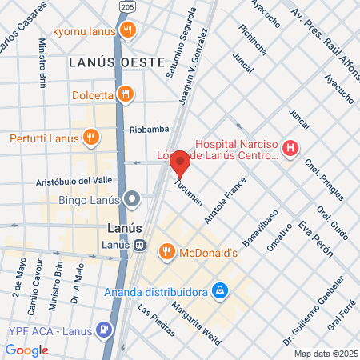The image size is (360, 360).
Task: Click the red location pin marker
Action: coord(180,163)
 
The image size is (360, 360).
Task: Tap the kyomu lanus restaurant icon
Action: coord(128,31)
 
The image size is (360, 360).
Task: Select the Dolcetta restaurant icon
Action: coord(124,94)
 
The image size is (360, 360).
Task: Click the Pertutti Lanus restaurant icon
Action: coord(90,138)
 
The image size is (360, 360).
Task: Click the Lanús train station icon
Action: coord(139,245)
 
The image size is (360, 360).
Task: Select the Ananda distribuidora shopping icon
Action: coord(218,290)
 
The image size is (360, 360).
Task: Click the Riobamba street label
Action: coord(149,127)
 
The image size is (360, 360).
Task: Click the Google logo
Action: coord(26,350)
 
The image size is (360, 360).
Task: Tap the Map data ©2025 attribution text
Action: coord(324,354)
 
